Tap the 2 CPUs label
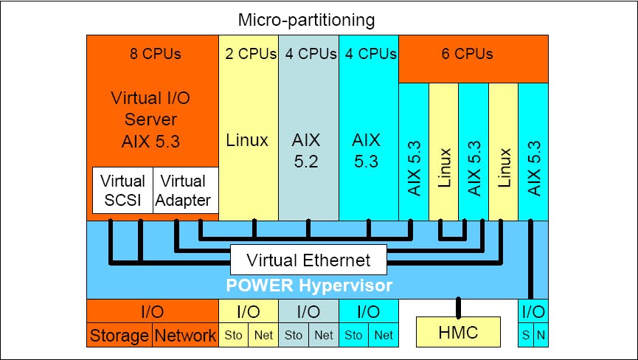[249, 54]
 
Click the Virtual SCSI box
[122, 190]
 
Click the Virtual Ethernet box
[308, 260]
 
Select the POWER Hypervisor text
[308, 285]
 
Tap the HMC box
[458, 332]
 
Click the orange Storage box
[119, 336]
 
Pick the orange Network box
[185, 336]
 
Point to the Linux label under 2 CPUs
[249, 140]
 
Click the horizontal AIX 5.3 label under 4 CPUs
[367, 150]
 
